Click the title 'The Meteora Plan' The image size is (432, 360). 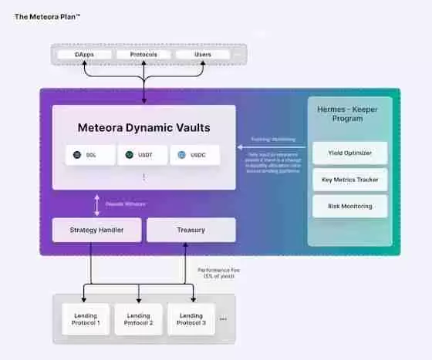point(48,15)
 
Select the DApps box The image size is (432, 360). point(85,55)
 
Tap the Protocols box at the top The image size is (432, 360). point(143,55)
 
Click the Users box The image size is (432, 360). point(202,55)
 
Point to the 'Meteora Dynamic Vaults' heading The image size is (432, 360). point(143,127)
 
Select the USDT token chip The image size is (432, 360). point(142,155)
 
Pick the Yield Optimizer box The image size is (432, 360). point(349,153)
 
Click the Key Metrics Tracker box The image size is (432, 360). point(349,180)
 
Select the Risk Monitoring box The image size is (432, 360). point(349,206)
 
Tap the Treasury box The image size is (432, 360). point(191,230)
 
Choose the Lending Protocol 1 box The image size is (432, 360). point(86,319)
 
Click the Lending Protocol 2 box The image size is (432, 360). point(139,319)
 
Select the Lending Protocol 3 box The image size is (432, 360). point(191,319)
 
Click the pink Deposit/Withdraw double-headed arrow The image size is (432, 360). point(96,204)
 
